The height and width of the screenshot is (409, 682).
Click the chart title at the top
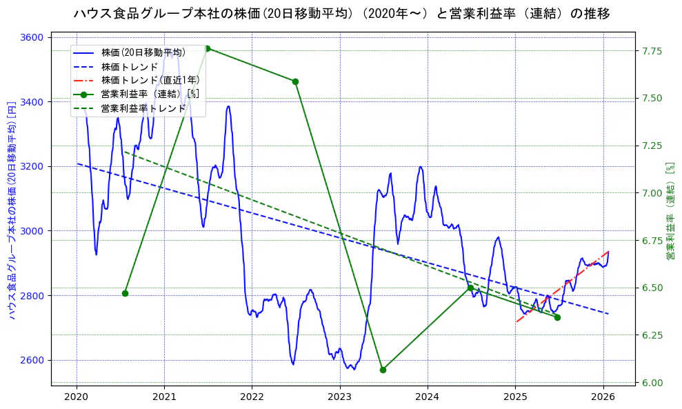[341, 13]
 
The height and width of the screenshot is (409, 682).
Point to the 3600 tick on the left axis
[32, 37]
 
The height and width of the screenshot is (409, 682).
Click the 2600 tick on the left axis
[32, 360]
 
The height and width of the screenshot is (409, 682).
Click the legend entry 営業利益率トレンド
[143, 108]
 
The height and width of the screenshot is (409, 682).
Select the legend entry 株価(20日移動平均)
[143, 53]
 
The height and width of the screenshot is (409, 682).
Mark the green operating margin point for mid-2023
[383, 370]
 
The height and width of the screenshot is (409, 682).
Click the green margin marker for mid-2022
[295, 81]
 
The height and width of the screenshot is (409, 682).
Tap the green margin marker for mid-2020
[125, 293]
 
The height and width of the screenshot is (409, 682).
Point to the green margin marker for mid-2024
[470, 288]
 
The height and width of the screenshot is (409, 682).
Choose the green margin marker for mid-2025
[557, 317]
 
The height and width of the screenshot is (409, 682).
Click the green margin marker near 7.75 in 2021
[207, 48]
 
